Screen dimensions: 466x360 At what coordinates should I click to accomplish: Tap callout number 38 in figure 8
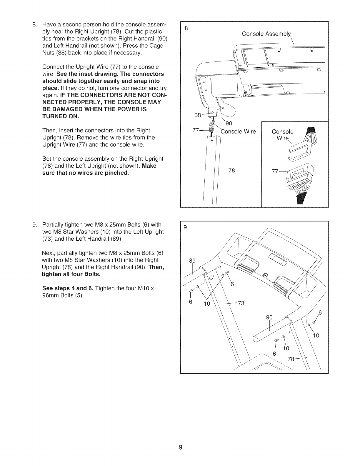coord(197,115)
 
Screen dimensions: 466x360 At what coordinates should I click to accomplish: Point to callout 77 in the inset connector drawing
coord(275,172)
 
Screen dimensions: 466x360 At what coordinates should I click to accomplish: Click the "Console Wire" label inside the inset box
coord(283,135)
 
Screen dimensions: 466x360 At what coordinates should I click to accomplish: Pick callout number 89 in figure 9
coord(192,260)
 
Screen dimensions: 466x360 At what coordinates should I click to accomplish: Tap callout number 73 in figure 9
coord(241,303)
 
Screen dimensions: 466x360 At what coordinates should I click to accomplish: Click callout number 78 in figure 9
coord(292,359)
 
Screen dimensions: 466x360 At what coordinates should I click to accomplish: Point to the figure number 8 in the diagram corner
coord(186,29)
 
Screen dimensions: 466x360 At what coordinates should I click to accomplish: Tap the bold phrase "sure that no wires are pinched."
coord(86,173)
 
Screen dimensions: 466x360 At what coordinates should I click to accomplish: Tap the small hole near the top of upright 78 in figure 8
coord(211,141)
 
